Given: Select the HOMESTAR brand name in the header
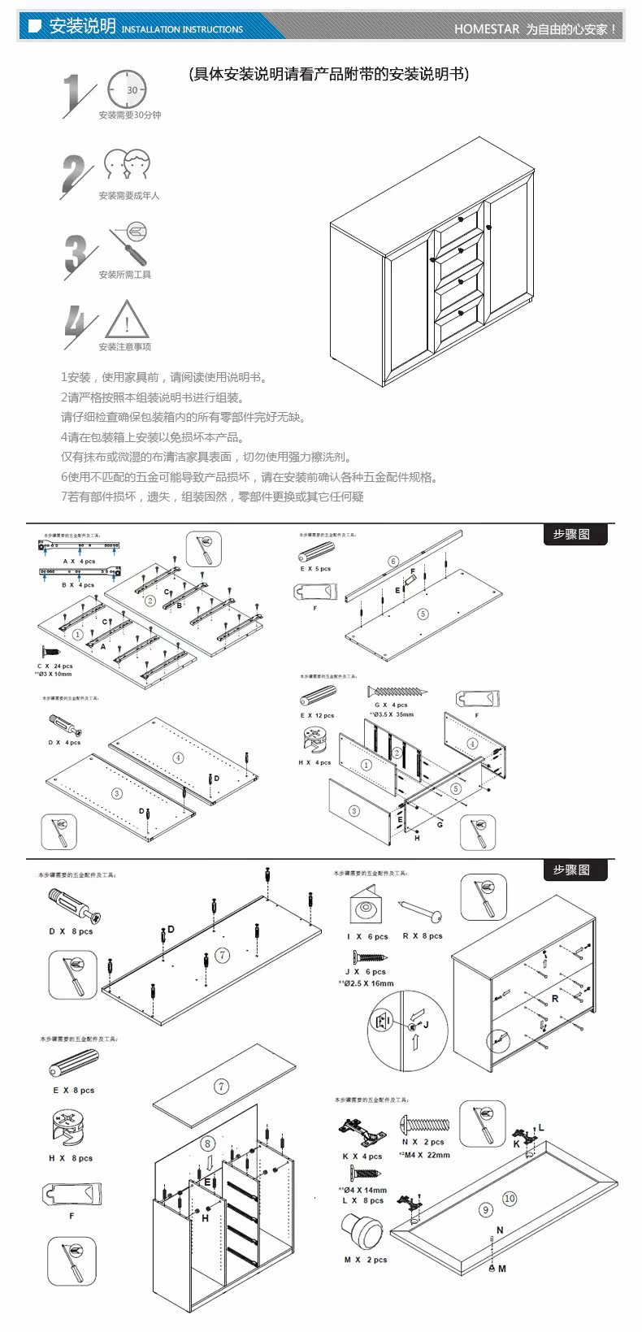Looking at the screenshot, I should point(486,28).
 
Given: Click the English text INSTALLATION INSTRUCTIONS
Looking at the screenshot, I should point(182,29).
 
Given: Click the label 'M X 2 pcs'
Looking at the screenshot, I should point(366,1260).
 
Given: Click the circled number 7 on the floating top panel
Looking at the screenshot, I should point(222,1086).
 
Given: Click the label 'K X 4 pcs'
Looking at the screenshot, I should point(362,1156).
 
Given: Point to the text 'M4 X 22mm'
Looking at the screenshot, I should point(427,1154).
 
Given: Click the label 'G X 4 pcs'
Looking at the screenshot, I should point(392,705).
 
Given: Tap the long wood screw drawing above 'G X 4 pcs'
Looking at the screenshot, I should point(398,692).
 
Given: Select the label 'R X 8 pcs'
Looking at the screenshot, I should point(423,935).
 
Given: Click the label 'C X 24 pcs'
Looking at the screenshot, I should point(55,666).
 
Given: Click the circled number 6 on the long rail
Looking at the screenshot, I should point(393,561).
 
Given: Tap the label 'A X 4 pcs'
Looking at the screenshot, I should point(80,561).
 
